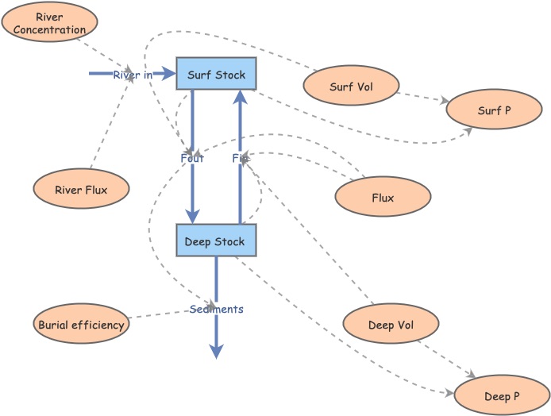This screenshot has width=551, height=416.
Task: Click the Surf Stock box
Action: pyautogui.click(x=216, y=74)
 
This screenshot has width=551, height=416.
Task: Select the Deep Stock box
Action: pyautogui.click(x=216, y=241)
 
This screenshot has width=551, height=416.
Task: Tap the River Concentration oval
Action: pyautogui.click(x=49, y=23)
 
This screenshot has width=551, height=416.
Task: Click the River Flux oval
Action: pyautogui.click(x=81, y=190)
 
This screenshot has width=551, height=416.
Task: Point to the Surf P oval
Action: pyautogui.click(x=494, y=110)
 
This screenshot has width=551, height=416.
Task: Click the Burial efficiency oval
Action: pyautogui.click(x=81, y=325)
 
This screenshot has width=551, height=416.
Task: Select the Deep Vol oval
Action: pyautogui.click(x=391, y=325)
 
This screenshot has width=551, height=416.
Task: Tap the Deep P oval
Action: pyautogui.click(x=502, y=395)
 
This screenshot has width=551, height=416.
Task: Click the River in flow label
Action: pyautogui.click(x=132, y=75)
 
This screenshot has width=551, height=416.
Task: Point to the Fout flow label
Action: pyautogui.click(x=192, y=158)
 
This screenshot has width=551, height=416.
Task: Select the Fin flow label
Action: pyautogui.click(x=240, y=158)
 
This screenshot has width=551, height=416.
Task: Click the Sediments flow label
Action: pyautogui.click(x=216, y=309)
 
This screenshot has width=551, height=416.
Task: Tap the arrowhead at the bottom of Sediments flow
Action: pyautogui.click(x=216, y=352)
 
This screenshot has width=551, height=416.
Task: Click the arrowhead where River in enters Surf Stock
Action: pyautogui.click(x=169, y=74)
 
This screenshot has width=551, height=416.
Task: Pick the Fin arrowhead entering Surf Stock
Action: pyautogui.click(x=240, y=96)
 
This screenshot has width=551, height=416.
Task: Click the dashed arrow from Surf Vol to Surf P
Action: pyautogui.click(x=422, y=97)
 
